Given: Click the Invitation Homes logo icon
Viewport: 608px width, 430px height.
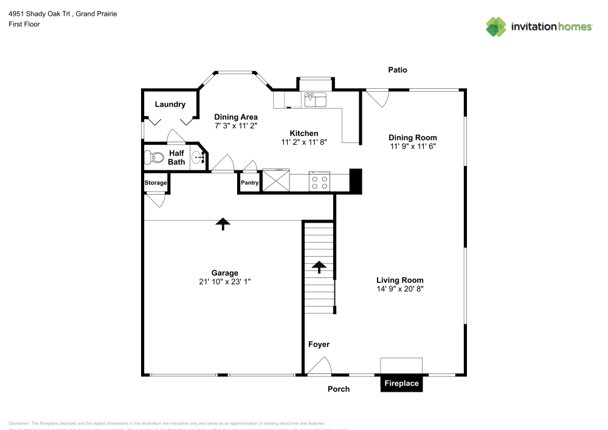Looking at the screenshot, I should click(496, 26).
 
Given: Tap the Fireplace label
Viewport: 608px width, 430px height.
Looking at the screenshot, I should click(401, 384).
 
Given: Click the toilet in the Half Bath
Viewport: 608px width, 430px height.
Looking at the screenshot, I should click(154, 158).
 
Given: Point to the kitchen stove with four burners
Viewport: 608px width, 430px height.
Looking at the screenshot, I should click(320, 181).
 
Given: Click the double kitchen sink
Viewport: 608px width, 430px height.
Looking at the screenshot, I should click(316, 99).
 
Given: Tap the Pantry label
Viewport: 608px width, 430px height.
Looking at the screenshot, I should click(249, 182).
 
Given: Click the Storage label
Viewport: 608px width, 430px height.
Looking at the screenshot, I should click(156, 183).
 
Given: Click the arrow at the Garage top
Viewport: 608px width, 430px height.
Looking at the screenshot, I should click(223, 224).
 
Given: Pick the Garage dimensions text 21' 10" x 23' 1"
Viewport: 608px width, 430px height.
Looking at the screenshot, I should click(225, 282).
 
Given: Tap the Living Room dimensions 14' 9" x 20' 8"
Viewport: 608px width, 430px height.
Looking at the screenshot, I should click(399, 289).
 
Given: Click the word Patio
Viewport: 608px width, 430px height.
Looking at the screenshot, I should click(398, 70).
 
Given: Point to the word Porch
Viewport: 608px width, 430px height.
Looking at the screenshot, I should click(339, 389).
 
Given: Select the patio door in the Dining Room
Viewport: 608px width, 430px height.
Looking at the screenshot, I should click(377, 97).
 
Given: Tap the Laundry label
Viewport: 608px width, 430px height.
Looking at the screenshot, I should click(170, 105).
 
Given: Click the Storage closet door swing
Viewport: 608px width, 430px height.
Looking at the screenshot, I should click(156, 199).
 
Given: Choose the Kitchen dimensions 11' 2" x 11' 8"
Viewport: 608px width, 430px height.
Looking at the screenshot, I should click(304, 142).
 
